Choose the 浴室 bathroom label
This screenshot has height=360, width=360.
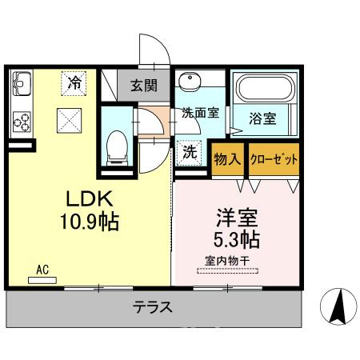click(x=262, y=119)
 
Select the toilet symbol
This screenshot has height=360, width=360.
click(x=117, y=146)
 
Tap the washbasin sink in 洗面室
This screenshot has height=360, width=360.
click(x=191, y=82)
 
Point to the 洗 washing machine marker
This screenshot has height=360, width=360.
click(x=190, y=151)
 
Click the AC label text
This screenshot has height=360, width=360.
click(x=43, y=270)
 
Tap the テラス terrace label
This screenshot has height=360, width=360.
click(x=152, y=307)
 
